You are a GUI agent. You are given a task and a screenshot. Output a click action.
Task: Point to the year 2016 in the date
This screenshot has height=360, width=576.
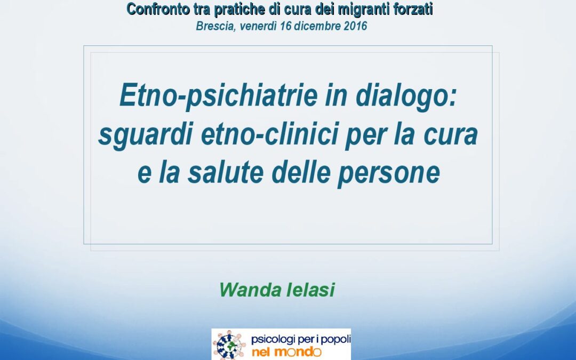[x=356, y=26]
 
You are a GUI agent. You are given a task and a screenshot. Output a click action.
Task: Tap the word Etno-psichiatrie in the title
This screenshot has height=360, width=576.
[x=219, y=96]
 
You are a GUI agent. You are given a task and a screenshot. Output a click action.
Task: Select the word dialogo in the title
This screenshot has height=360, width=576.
[x=406, y=96]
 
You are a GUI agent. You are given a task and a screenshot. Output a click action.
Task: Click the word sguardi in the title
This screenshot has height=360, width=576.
[x=146, y=135]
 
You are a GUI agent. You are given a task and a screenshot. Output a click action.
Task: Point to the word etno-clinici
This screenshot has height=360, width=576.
[x=269, y=134]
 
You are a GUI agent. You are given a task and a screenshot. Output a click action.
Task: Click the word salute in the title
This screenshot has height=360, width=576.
[x=226, y=172]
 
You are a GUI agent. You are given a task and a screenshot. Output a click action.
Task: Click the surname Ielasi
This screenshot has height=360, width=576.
[x=310, y=290]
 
